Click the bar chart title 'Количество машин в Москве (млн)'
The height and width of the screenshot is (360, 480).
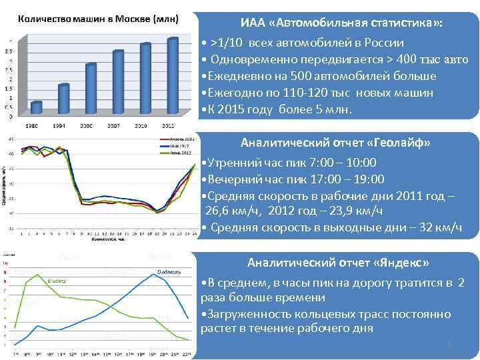point(98,18)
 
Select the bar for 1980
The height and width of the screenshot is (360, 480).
point(37,107)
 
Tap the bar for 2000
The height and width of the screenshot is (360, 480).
point(91,89)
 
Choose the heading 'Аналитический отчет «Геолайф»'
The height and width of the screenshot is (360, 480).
point(335,143)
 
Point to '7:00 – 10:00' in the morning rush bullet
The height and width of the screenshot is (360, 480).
point(344,162)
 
